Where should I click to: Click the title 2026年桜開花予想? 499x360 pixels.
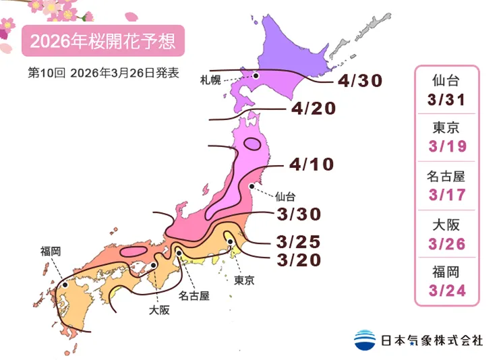tap(103, 42)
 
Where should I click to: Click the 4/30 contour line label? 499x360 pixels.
tap(361, 81)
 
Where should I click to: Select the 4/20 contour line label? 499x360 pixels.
tap(314, 109)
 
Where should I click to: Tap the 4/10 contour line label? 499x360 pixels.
tap(312, 164)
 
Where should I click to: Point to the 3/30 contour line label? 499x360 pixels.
tap(299, 214)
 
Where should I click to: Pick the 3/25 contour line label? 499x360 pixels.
tap(298, 241)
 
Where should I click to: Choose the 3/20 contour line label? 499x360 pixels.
tap(298, 260)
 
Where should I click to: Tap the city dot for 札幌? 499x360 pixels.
tap(256, 76)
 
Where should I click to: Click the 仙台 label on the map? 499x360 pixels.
tap(285, 197)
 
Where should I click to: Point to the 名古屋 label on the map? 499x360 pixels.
tap(194, 295)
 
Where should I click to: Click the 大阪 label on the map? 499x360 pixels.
tap(159, 310)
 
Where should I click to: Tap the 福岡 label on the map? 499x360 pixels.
tap(51, 251)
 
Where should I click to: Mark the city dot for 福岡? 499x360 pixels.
tap(65, 285)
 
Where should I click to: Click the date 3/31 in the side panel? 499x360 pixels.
tap(446, 100)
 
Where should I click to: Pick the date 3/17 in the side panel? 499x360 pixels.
tap(446, 196)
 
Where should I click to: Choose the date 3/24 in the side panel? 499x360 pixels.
tap(446, 292)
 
